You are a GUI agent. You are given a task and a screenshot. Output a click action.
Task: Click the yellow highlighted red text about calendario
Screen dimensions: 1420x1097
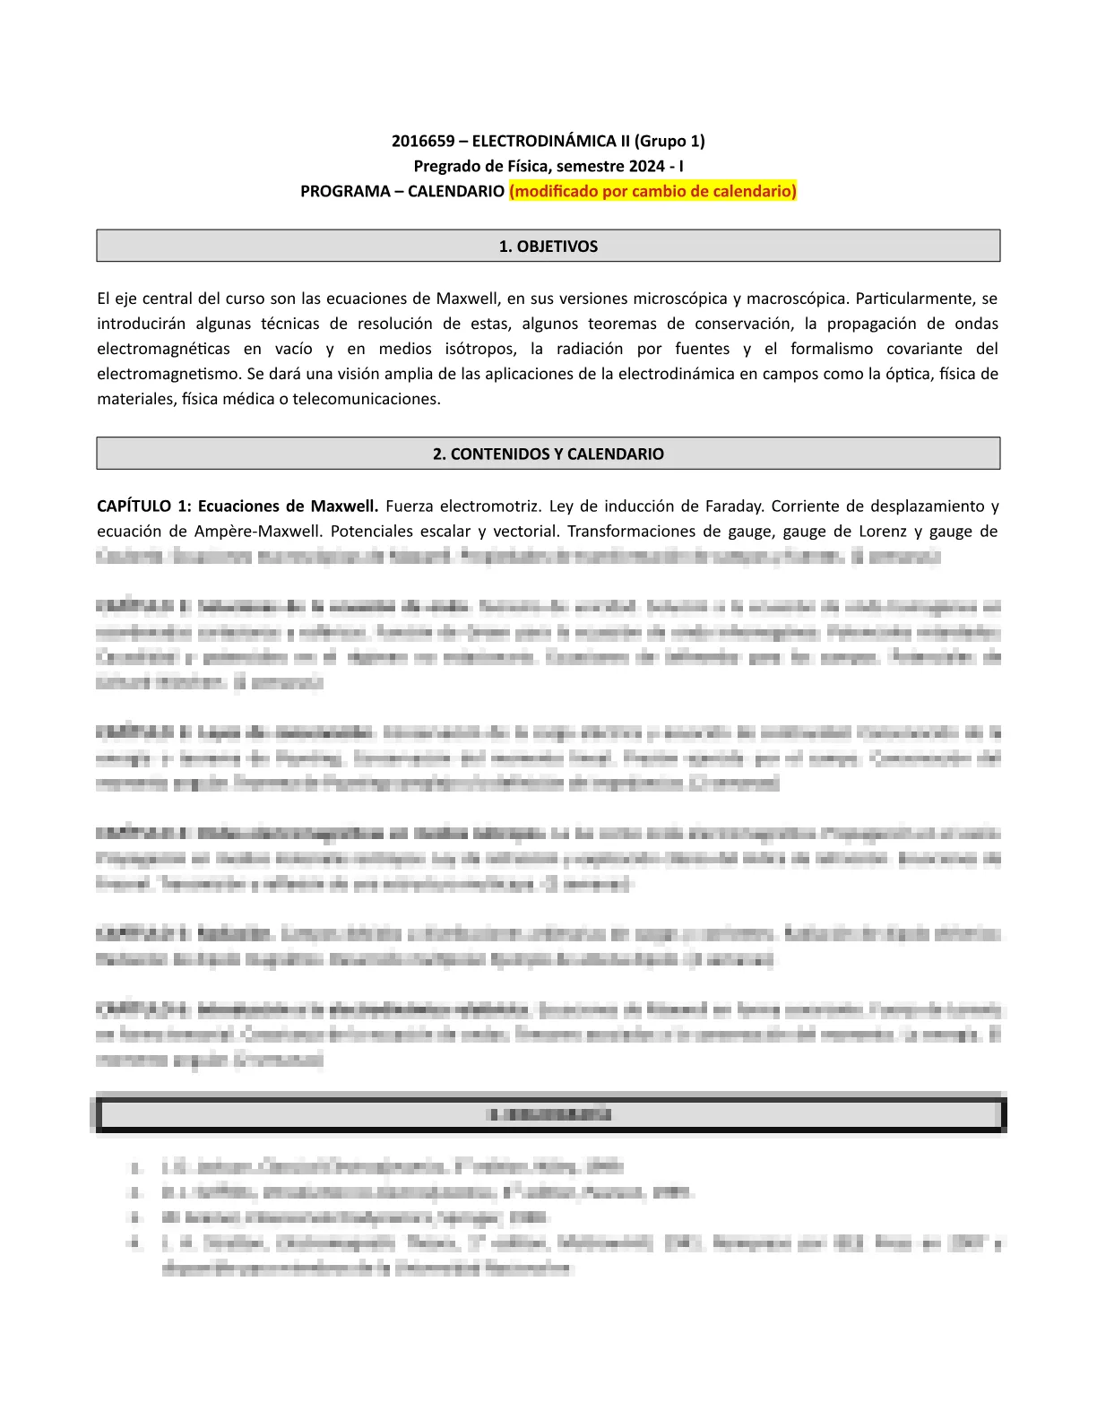click(652, 191)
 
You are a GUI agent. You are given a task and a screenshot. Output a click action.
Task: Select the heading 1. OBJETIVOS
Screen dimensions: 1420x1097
click(548, 247)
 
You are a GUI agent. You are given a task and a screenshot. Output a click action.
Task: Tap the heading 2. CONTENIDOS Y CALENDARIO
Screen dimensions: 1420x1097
click(548, 454)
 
